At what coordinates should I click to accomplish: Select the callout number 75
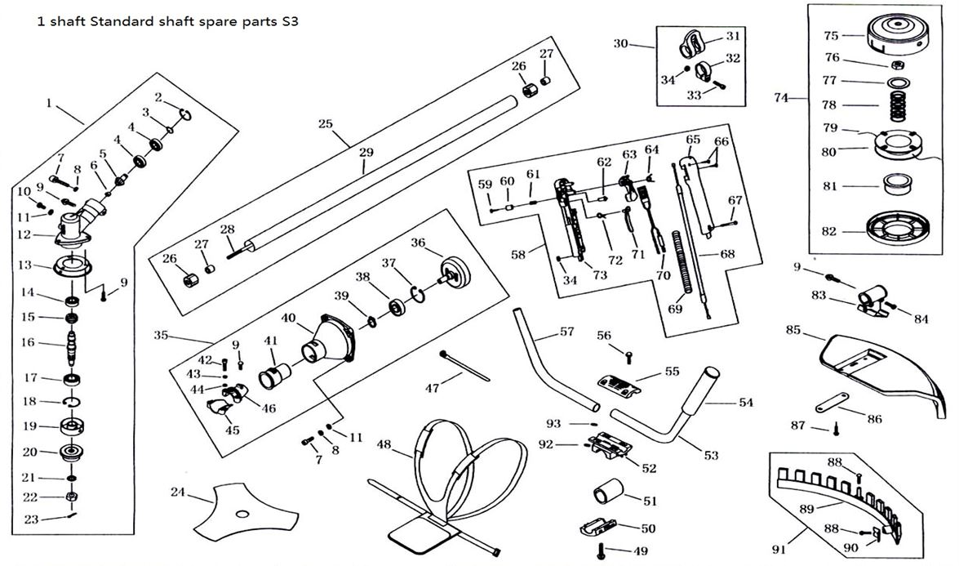(x=831, y=36)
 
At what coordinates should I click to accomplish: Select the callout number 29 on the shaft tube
(x=366, y=153)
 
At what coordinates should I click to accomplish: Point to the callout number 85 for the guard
(x=793, y=331)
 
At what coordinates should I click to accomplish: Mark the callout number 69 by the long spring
(x=673, y=309)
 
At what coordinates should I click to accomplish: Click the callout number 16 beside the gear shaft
(x=28, y=342)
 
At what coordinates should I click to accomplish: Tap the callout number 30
(x=620, y=42)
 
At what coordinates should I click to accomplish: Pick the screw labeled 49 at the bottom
(x=602, y=550)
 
